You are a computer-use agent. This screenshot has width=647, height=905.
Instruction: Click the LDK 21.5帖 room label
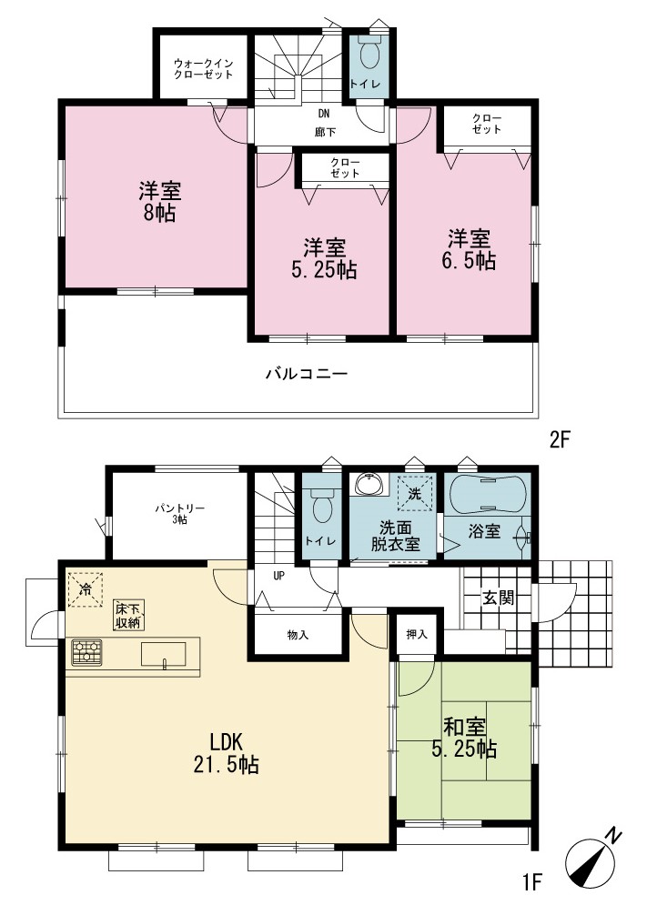tap(227, 752)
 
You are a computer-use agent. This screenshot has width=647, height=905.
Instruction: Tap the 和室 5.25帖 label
tap(464, 738)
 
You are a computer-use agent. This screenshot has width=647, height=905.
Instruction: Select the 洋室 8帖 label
tap(160, 202)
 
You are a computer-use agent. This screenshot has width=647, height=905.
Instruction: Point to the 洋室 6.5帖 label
tap(469, 250)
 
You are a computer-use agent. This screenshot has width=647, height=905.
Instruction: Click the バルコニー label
tap(307, 374)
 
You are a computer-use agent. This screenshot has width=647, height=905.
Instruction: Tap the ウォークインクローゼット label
tap(203, 69)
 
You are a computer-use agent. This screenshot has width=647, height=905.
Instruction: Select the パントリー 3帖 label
tap(179, 514)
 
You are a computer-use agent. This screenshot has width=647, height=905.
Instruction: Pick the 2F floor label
tap(560, 440)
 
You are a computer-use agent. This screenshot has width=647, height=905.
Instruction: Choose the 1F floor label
tap(531, 881)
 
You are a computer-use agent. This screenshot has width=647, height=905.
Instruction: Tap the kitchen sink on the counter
tap(164, 655)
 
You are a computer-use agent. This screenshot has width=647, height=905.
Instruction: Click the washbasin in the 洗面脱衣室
tap(369, 484)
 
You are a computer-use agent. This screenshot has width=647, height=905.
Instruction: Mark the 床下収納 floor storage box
tap(129, 615)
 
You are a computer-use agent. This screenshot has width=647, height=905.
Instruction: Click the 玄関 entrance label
tap(498, 598)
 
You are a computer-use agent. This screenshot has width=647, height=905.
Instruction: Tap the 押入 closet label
tap(417, 635)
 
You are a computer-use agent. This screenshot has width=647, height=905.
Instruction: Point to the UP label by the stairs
tap(278, 576)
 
